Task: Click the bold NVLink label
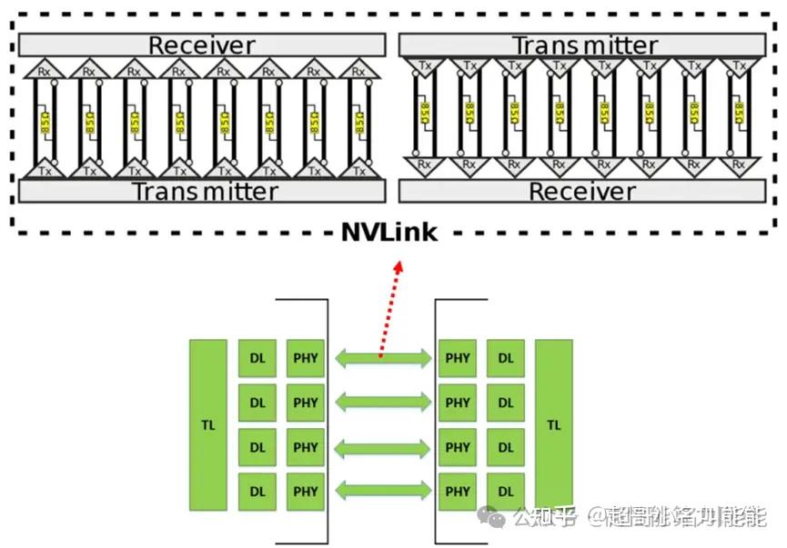point(389,232)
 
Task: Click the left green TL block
point(208,423)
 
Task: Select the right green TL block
point(554,423)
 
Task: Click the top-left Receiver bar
point(202,45)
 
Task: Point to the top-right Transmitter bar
point(583,45)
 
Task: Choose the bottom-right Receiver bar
point(582,191)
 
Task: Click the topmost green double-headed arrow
point(382,358)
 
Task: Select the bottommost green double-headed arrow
point(382,492)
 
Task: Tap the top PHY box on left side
point(306,358)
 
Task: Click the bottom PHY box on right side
point(458,492)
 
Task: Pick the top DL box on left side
point(257,358)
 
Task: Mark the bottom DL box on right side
point(505,492)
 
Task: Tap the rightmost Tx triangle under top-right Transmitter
point(738,65)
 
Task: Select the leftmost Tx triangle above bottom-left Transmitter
point(45,169)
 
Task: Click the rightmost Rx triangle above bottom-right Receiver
point(738,165)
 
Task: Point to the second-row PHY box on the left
point(306,403)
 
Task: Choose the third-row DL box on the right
point(505,447)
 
